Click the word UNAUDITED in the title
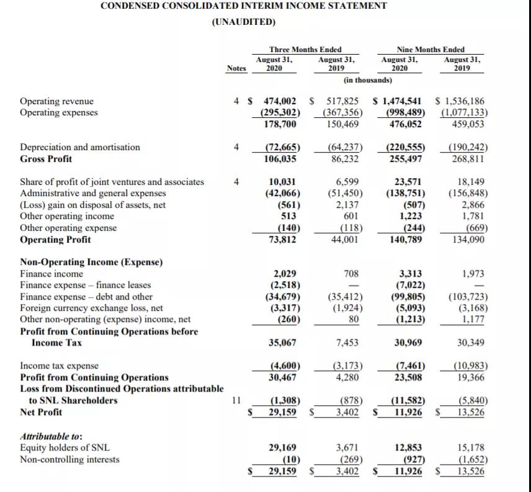[243, 22]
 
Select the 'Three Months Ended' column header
[305, 50]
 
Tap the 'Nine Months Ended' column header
[430, 50]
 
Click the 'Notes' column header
[236, 68]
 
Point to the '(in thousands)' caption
[367, 80]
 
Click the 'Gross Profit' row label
[46, 159]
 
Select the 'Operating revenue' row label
[57, 101]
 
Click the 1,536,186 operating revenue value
[463, 101]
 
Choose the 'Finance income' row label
[51, 274]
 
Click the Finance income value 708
[351, 274]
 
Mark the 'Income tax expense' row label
[60, 366]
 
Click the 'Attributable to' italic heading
[51, 436]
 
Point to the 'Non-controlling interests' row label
[69, 460]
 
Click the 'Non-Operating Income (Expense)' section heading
[91, 262]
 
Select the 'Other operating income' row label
[67, 217]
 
